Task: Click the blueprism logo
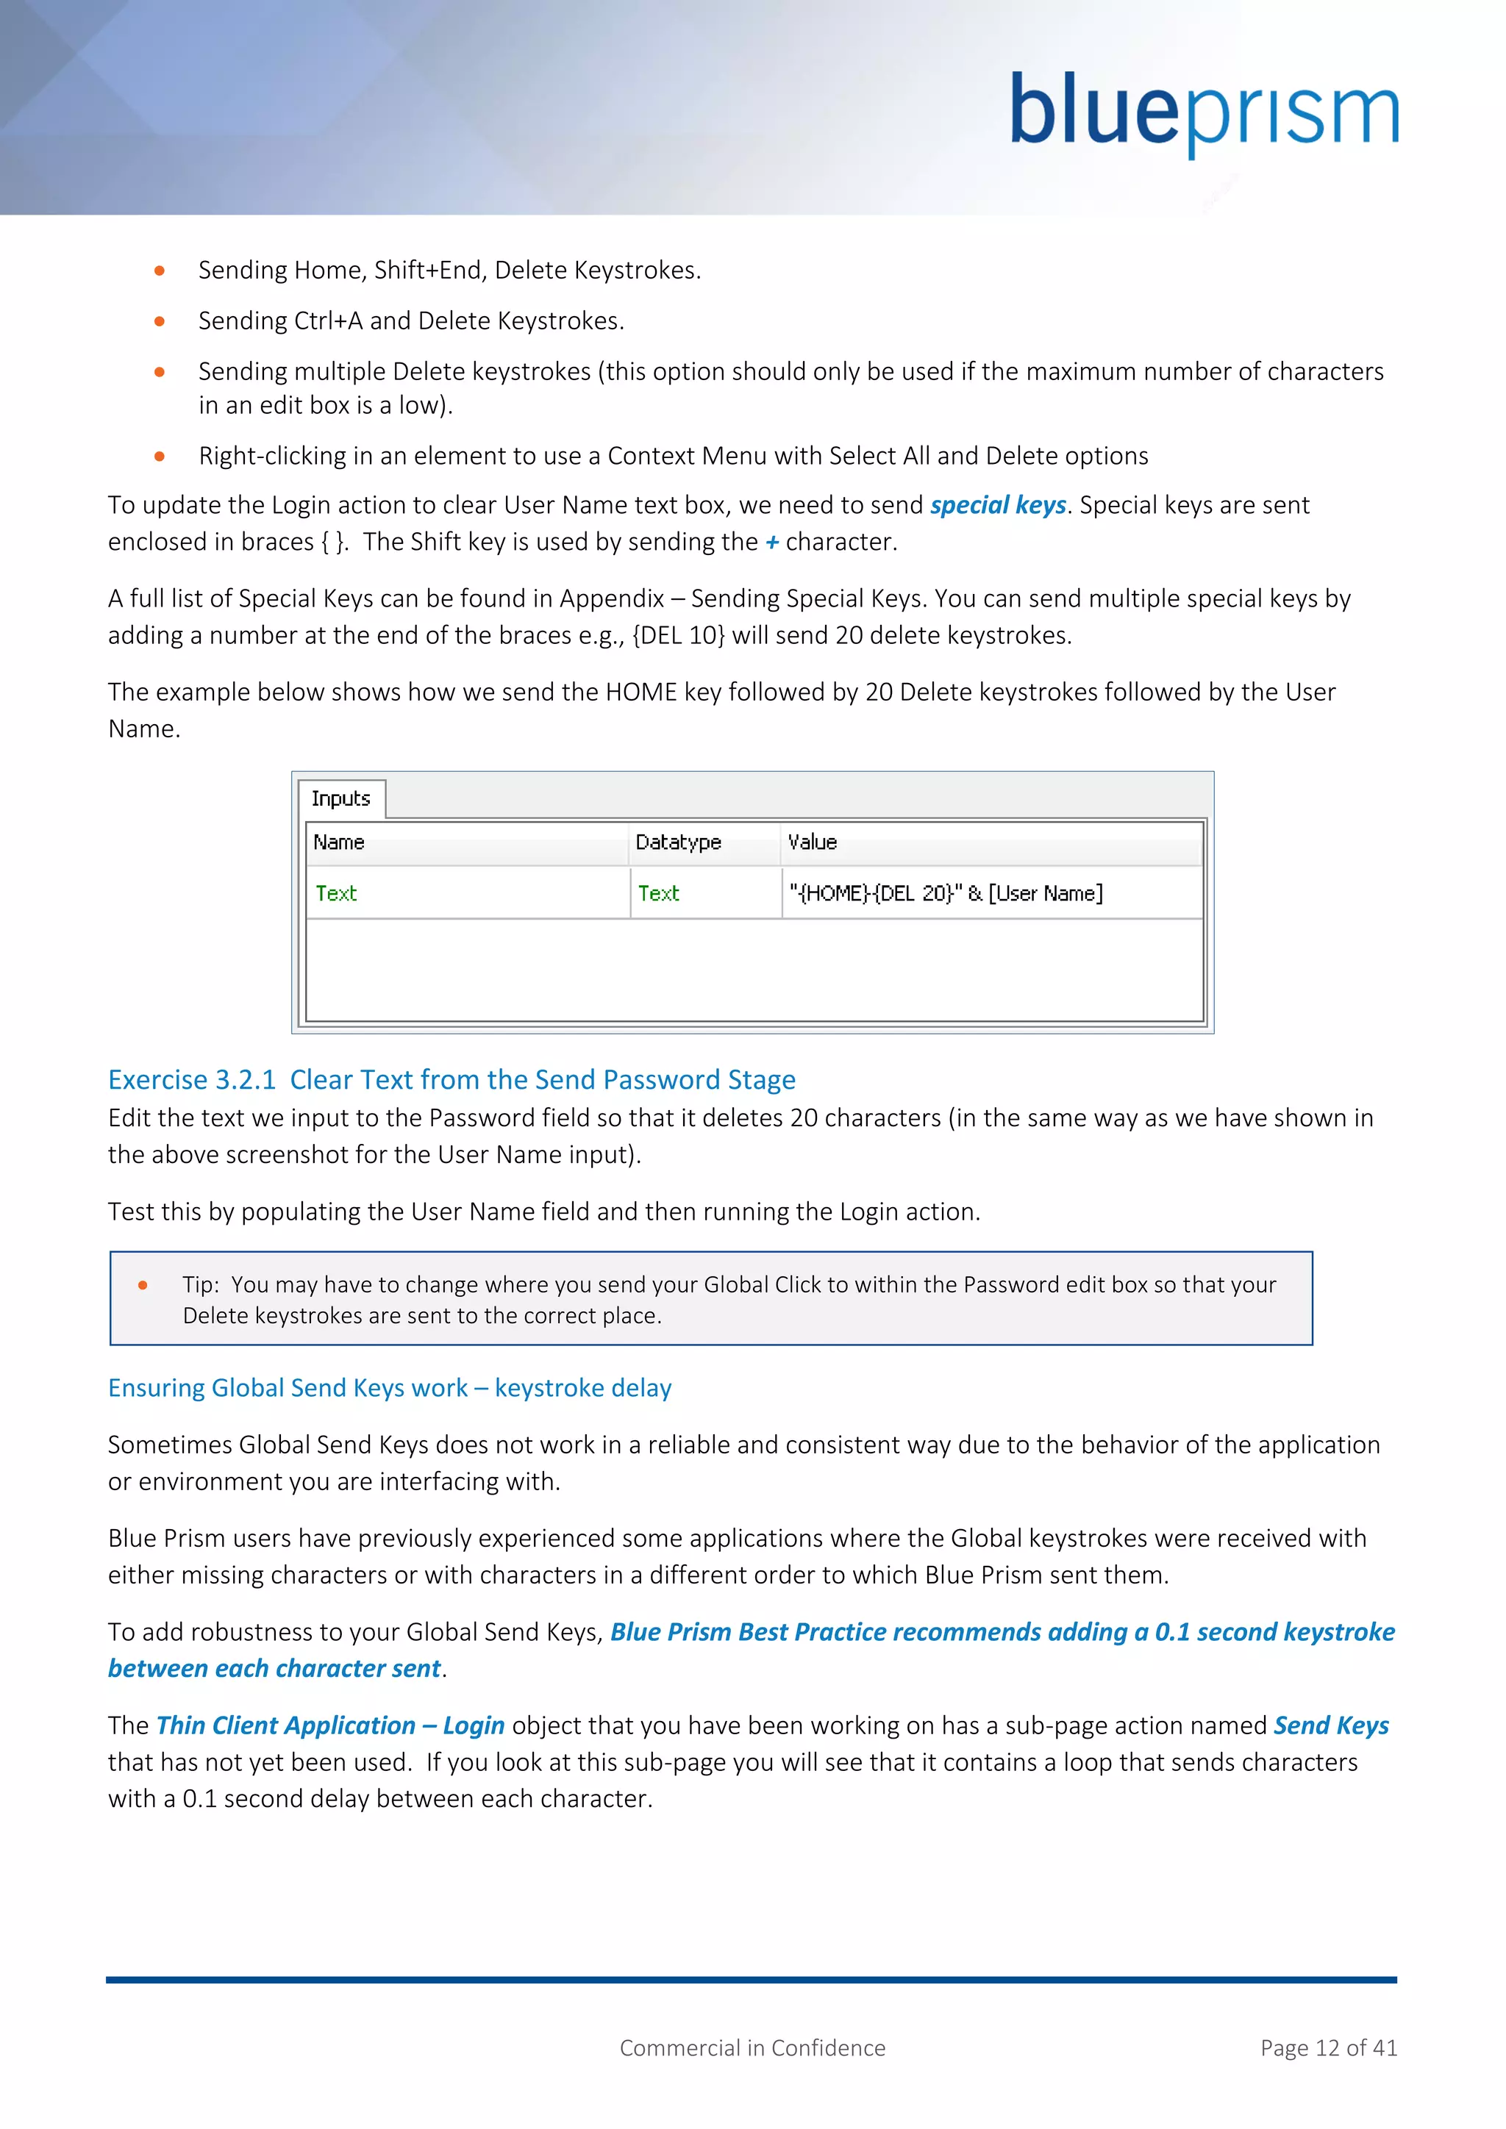pyautogui.click(x=1203, y=113)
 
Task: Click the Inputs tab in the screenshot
pyautogui.click(x=340, y=798)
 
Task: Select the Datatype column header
pyautogui.click(x=678, y=842)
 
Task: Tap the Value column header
pyautogui.click(x=813, y=842)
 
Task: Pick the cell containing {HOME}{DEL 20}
pyautogui.click(x=946, y=893)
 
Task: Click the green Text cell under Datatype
pyautogui.click(x=658, y=893)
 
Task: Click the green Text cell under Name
pyautogui.click(x=336, y=893)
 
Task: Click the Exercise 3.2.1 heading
pyautogui.click(x=452, y=1079)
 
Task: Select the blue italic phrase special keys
pyautogui.click(x=998, y=504)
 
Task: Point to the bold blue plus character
pyautogui.click(x=771, y=543)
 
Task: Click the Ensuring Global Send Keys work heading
pyautogui.click(x=390, y=1387)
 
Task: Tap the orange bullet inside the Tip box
pyautogui.click(x=143, y=1284)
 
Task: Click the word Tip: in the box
pyautogui.click(x=200, y=1284)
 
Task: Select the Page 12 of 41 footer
pyautogui.click(x=1328, y=2047)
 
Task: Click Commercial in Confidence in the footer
pyautogui.click(x=752, y=2047)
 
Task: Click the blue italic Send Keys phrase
pyautogui.click(x=1331, y=1725)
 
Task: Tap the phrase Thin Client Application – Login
pyautogui.click(x=330, y=1725)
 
